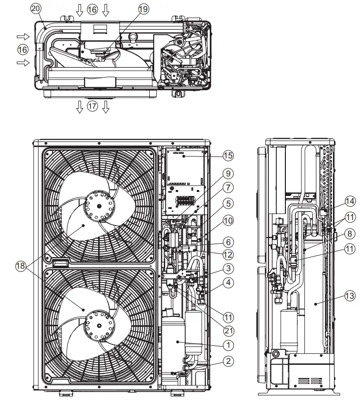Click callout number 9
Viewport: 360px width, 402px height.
[x=228, y=174]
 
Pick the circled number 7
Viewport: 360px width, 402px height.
[x=228, y=188]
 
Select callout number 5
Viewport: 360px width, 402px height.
[x=228, y=204]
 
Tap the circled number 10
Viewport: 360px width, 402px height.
[x=228, y=221]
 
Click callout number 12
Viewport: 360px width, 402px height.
[x=228, y=254]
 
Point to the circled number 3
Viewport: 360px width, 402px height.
[x=228, y=268]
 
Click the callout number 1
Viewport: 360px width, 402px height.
[x=228, y=345]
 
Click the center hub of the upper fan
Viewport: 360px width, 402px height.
[x=100, y=206]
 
